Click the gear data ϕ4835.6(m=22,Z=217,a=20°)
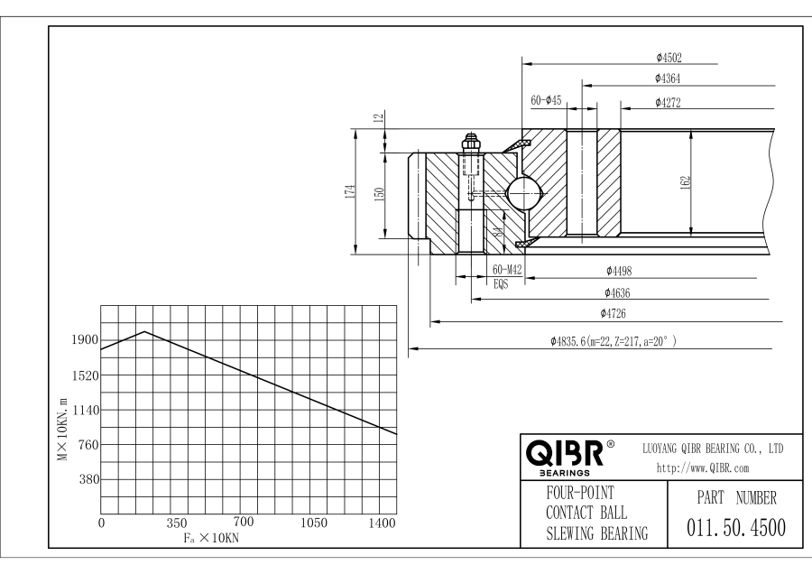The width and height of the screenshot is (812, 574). pyautogui.click(x=613, y=341)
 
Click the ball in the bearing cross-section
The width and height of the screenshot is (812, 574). pyautogui.click(x=523, y=192)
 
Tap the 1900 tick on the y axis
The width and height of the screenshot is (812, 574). pyautogui.click(x=85, y=340)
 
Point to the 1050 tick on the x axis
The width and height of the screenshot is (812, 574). pyautogui.click(x=313, y=522)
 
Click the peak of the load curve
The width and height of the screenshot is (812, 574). pyautogui.click(x=144, y=331)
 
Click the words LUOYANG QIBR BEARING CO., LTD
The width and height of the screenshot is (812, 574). pyautogui.click(x=712, y=448)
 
